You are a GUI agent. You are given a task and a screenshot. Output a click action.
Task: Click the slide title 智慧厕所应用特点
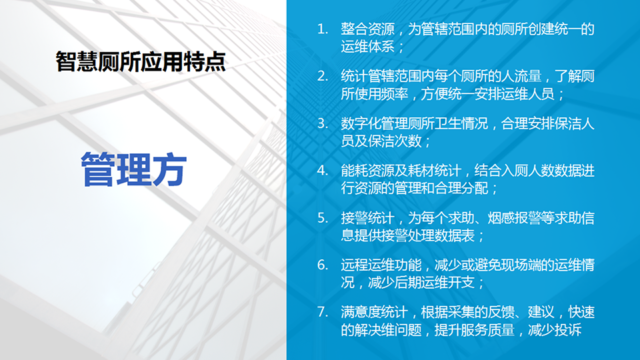click(141, 61)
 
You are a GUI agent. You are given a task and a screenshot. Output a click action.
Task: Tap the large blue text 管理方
click(134, 169)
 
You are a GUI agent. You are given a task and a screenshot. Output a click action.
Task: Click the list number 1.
click(323, 29)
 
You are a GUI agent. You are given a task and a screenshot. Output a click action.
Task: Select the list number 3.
click(323, 123)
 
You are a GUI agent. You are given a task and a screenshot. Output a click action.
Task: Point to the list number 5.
click(323, 217)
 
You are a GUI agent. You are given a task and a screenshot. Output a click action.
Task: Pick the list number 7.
click(323, 312)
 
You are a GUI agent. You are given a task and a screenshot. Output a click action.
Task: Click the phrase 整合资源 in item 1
click(368, 29)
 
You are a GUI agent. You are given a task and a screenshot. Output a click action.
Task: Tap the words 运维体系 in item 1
click(368, 47)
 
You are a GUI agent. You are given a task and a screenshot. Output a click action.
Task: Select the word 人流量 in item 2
click(521, 76)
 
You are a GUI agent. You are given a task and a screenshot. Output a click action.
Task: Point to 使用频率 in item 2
click(381, 94)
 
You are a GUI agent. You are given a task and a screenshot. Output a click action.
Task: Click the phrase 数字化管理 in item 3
click(375, 123)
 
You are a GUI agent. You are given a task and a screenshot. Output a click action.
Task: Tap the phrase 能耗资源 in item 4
click(368, 171)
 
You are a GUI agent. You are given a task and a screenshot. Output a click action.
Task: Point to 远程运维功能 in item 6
click(381, 265)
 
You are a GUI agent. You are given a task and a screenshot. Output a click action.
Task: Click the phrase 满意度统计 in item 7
click(375, 312)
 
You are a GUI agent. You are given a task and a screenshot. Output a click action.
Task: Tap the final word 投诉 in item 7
click(568, 329)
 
